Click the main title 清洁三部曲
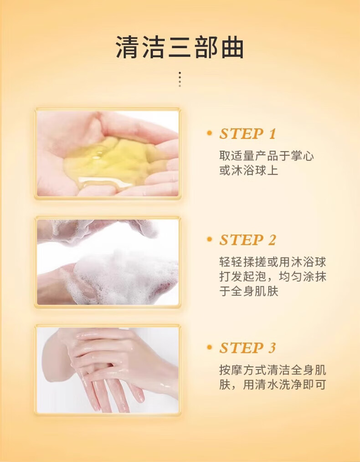[x=180, y=47]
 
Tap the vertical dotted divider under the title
[x=180, y=79]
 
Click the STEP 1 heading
[x=247, y=134]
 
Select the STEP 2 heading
[x=247, y=240]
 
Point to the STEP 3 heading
[x=247, y=348]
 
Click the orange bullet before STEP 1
[x=210, y=133]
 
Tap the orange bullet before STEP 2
[x=210, y=240]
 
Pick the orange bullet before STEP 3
[x=210, y=347]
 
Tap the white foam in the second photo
[x=124, y=274]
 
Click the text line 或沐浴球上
[x=249, y=170]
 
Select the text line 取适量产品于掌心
[x=267, y=156]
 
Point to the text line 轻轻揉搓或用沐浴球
[x=273, y=262]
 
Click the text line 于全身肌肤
[x=249, y=292]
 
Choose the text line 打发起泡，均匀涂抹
[x=273, y=277]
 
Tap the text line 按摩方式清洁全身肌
[x=273, y=370]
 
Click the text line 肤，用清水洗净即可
[x=273, y=385]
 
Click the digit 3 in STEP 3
[x=272, y=348]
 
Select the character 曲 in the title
[x=232, y=47]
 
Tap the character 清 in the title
[x=127, y=47]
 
